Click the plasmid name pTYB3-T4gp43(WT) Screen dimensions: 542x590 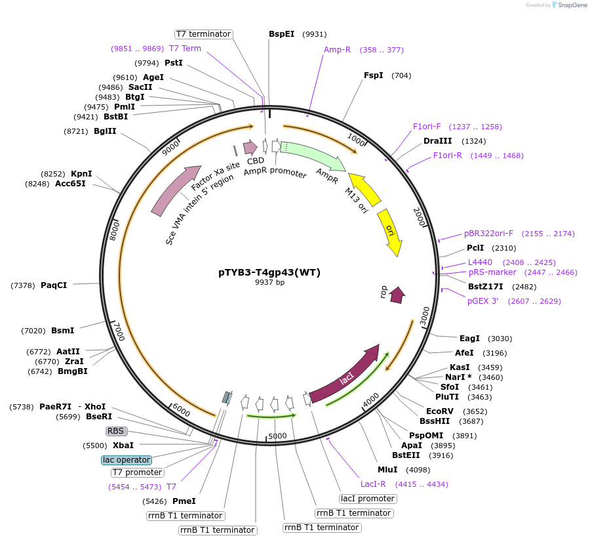[269, 272]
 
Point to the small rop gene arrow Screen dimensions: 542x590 [397, 295]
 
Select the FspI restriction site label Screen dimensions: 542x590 [374, 75]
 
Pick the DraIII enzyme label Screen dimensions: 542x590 [437, 141]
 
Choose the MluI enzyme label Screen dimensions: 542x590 [387, 470]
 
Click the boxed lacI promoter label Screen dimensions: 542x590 [368, 499]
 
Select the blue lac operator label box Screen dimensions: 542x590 [127, 460]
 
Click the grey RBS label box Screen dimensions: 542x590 [116, 431]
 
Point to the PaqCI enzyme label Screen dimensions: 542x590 [54, 285]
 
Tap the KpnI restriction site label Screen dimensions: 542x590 [81, 174]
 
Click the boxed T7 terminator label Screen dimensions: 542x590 [203, 33]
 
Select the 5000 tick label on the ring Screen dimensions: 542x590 [277, 436]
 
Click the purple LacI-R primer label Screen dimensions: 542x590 [373, 484]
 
